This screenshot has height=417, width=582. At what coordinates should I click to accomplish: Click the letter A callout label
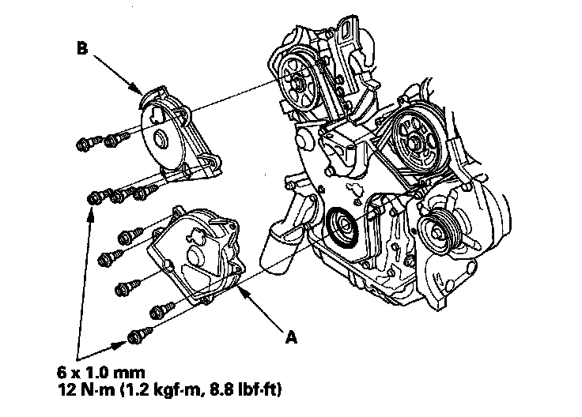(x=291, y=337)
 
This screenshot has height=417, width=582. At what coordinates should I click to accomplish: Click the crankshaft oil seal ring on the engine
(x=342, y=225)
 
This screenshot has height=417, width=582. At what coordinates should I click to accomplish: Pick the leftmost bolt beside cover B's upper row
(x=85, y=144)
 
